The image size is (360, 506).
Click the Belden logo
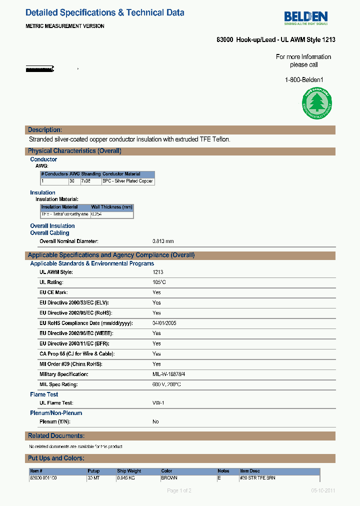(306, 18)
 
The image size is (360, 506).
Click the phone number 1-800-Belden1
(304, 80)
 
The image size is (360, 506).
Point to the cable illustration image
(40, 68)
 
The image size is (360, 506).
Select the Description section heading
(45, 130)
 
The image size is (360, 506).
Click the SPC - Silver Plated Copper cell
(127, 181)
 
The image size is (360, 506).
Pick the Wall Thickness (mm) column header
(111, 207)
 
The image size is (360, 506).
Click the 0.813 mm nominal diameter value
(163, 241)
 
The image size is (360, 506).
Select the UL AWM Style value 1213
(158, 272)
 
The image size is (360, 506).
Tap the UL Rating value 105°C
(159, 282)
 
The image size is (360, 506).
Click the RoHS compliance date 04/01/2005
(164, 323)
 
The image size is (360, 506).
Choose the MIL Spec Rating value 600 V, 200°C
(166, 384)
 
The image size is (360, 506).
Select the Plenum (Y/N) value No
(155, 421)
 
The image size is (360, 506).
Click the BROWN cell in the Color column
(169, 478)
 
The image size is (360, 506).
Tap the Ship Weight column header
(129, 471)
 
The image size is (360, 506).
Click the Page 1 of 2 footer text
(179, 490)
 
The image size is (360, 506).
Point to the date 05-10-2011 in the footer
(323, 490)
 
